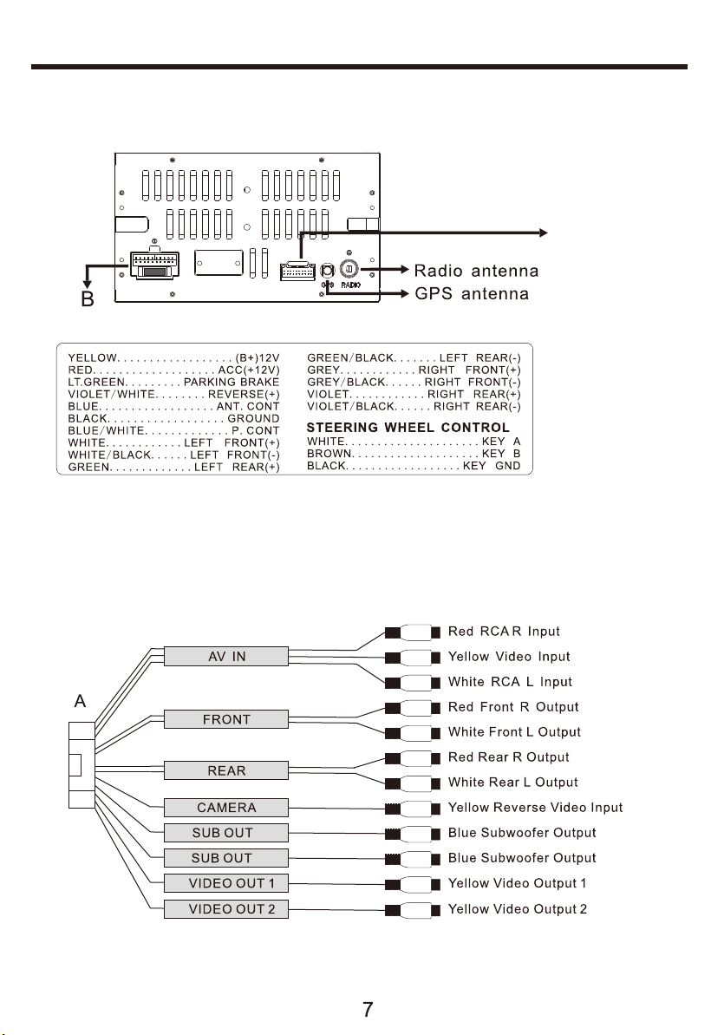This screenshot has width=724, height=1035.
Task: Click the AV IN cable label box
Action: [225, 656]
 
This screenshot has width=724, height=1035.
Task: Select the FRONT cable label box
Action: [225, 719]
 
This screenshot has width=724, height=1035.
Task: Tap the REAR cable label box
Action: [225, 770]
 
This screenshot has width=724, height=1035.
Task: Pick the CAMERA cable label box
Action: [225, 808]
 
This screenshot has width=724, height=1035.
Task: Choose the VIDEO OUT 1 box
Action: [225, 883]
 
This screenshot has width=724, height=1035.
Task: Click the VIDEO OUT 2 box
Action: [225, 909]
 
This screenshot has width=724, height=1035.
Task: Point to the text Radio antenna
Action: [476, 271]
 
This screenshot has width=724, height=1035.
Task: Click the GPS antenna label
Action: [472, 294]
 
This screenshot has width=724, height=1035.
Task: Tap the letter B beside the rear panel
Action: [87, 299]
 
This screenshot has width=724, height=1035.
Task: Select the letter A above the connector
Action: [80, 700]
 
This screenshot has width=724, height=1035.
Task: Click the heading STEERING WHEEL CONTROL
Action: [408, 427]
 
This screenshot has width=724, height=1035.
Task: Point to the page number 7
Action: [368, 1009]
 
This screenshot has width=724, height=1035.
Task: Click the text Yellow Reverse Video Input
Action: [535, 808]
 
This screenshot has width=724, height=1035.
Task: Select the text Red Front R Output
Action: [512, 707]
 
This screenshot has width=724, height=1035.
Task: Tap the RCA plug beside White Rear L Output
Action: [413, 783]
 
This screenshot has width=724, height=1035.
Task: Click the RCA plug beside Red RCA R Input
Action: [413, 632]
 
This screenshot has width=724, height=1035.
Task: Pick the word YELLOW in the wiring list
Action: [93, 357]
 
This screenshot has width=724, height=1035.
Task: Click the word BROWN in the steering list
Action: [329, 454]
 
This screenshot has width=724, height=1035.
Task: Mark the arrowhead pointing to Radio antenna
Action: [405, 269]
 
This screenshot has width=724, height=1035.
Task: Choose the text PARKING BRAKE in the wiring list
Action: [231, 383]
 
